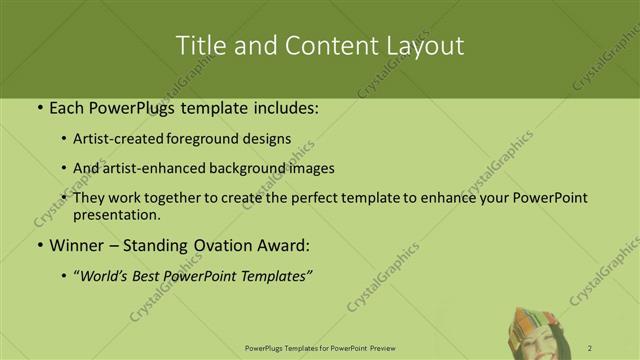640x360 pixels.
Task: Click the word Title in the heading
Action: [x=199, y=46]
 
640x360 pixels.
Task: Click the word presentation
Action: [x=116, y=214]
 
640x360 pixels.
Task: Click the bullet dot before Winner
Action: [x=39, y=245]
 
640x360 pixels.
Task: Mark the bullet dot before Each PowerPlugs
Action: [x=39, y=107]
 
